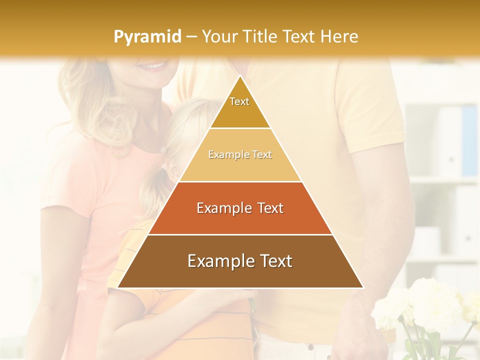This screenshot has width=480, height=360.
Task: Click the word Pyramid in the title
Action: pos(147,37)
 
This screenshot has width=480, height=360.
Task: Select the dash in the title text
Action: pos(191,37)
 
